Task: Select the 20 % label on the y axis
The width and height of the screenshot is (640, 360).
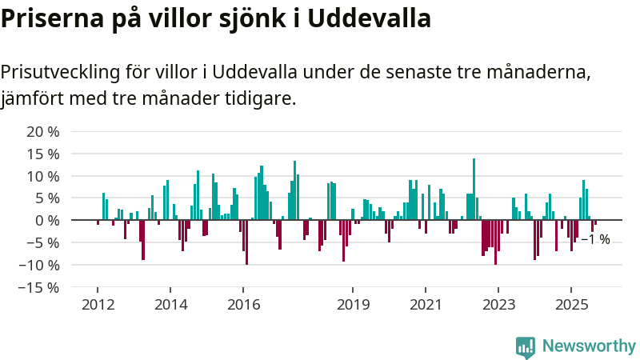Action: [x=43, y=131]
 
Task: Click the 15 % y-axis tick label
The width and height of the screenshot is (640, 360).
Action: [x=43, y=154]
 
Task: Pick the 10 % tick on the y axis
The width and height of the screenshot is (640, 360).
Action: [x=43, y=176]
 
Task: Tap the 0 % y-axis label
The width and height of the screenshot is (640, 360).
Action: [x=48, y=220]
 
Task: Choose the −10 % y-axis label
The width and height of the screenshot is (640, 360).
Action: [x=38, y=265]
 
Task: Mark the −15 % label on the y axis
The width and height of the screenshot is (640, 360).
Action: [x=38, y=287]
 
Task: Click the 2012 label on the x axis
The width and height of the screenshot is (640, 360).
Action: [x=97, y=305]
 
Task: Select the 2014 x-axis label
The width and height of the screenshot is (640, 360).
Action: [x=170, y=305]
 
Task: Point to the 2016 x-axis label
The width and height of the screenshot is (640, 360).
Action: [x=243, y=305]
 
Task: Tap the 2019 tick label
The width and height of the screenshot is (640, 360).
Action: [x=353, y=305]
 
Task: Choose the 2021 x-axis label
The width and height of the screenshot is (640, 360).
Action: [x=426, y=305]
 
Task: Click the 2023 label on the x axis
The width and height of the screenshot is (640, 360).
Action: [x=498, y=305]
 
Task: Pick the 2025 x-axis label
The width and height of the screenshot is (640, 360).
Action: [x=571, y=305]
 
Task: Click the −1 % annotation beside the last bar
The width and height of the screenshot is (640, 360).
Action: [x=595, y=239]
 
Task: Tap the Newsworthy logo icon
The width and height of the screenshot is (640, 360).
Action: [x=526, y=346]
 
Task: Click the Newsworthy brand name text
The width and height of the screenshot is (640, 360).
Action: [x=589, y=346]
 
